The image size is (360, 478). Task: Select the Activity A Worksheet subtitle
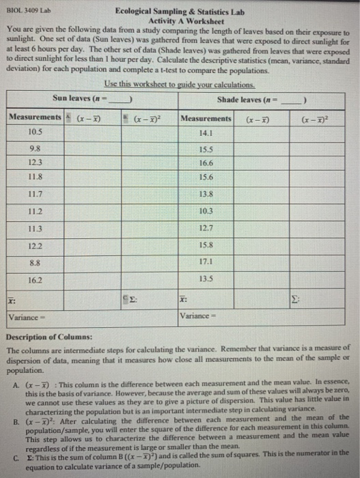pyautogui.click(x=180, y=20)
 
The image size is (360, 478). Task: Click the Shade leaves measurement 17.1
pyautogui.click(x=206, y=261)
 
